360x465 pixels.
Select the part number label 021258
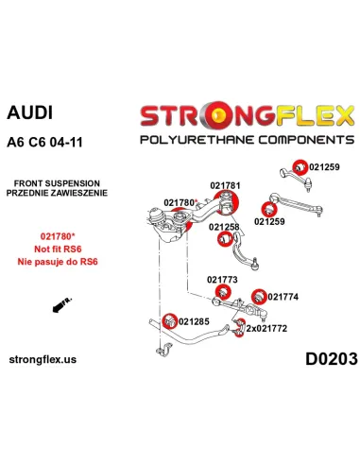coord(224,227)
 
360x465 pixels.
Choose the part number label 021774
coord(283,297)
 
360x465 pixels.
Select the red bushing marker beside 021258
coord(225,240)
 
